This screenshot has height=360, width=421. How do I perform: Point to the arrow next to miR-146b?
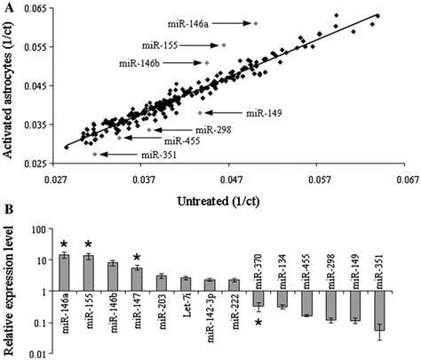(x=183, y=63)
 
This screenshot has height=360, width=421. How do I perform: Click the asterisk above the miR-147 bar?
(x=136, y=257)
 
